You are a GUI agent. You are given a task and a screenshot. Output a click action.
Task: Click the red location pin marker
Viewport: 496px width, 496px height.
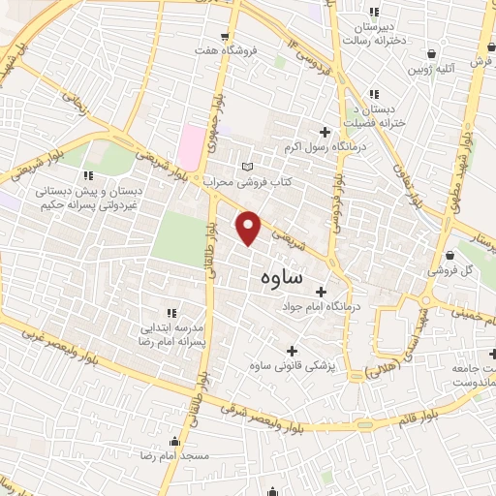pos(250,227)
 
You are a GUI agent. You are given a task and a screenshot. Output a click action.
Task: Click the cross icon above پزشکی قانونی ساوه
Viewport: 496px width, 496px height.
pos(291,350)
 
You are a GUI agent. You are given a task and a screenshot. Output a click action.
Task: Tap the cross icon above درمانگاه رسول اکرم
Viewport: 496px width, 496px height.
pos(325,132)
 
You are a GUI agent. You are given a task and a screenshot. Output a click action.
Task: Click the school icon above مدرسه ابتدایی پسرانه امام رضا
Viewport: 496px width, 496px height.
pos(171,312)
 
